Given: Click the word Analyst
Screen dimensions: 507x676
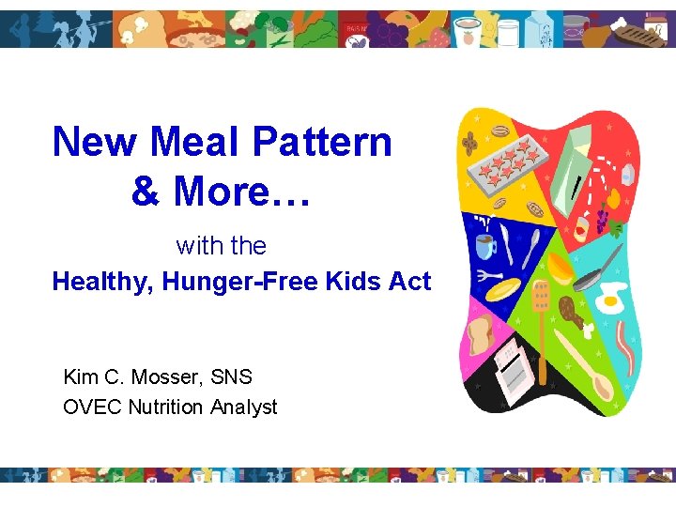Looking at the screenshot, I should (x=244, y=407).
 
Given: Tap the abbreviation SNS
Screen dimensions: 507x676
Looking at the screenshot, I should (x=232, y=377).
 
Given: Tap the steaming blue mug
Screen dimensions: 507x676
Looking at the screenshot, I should (x=486, y=246).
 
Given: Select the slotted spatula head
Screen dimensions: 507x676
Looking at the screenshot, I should (x=542, y=295).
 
